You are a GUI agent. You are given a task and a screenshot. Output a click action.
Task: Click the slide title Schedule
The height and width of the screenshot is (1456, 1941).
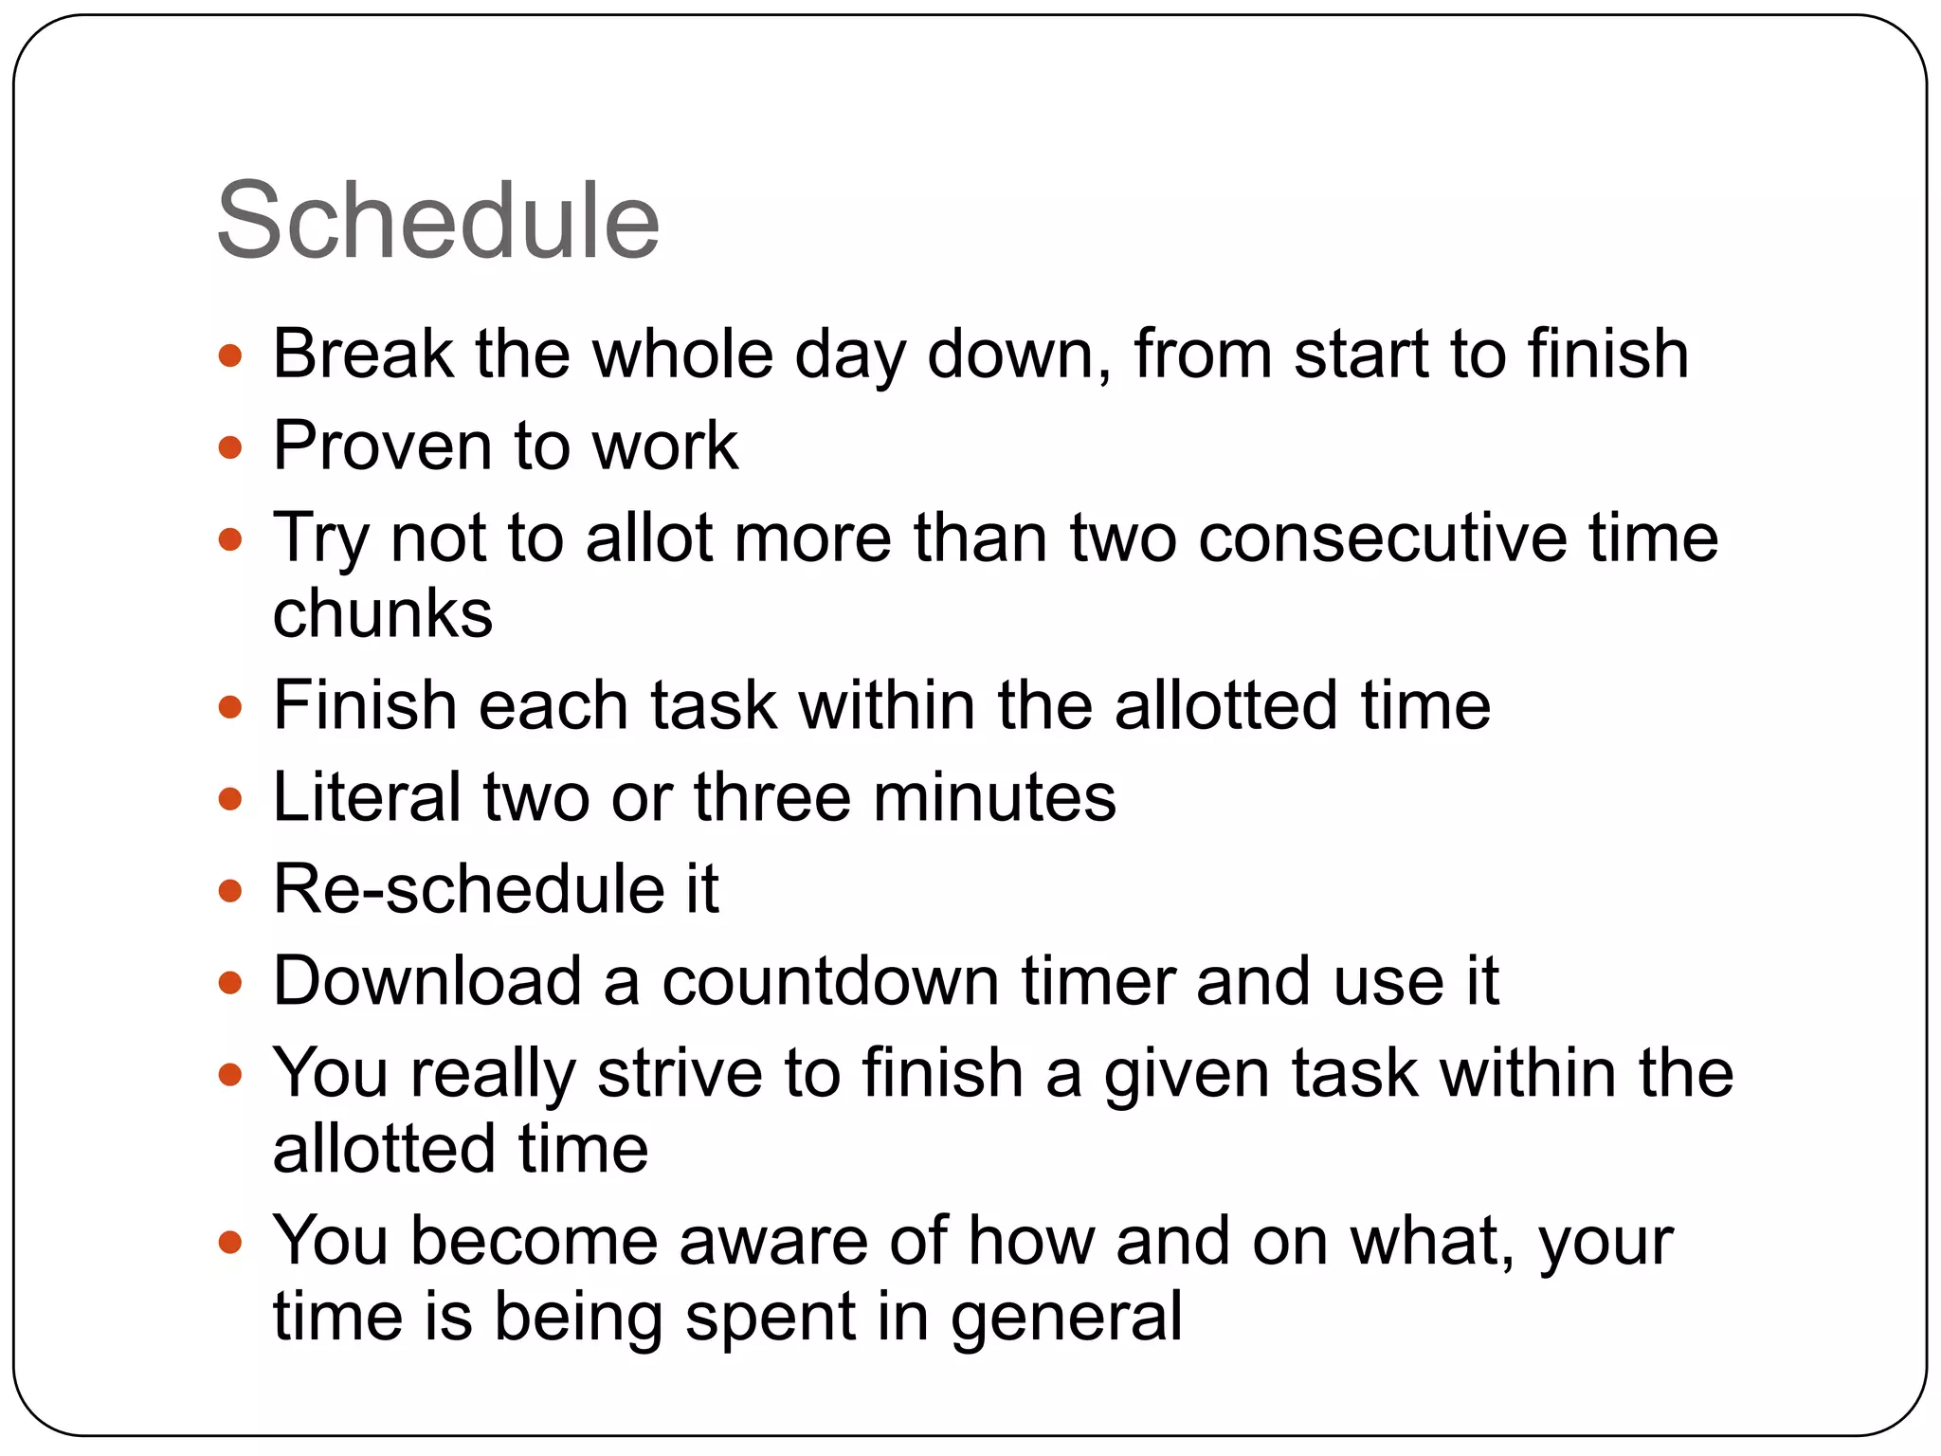(x=438, y=223)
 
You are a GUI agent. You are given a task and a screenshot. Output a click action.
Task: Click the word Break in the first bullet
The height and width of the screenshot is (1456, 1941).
(x=363, y=355)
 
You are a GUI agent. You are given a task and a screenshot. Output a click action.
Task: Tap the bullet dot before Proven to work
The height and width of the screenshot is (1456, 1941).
(x=230, y=447)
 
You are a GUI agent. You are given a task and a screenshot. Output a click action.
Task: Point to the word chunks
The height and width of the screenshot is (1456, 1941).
(x=383, y=613)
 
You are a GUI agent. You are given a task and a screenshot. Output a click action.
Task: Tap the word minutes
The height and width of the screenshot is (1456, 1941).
(x=994, y=797)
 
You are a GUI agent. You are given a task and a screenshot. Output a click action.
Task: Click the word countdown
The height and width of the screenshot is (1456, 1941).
(x=830, y=981)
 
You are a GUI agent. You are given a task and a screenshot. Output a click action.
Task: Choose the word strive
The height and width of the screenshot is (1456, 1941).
(x=680, y=1074)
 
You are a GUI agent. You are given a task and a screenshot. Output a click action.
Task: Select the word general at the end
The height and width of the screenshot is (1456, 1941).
(x=1066, y=1319)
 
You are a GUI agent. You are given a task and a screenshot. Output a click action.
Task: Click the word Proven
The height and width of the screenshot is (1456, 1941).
(x=383, y=446)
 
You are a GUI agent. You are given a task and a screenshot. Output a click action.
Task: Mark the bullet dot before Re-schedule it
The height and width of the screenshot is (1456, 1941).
(x=230, y=891)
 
